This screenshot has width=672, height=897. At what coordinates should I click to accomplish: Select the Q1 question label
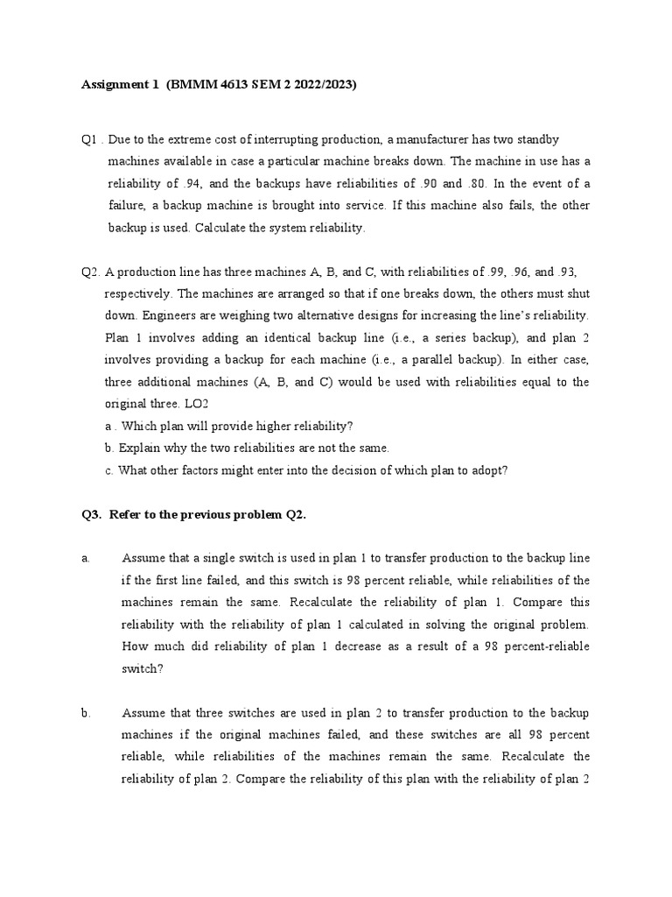coord(89,140)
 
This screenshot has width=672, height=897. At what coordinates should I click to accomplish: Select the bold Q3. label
coord(91,514)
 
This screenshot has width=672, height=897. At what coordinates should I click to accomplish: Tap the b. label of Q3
coord(87,713)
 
